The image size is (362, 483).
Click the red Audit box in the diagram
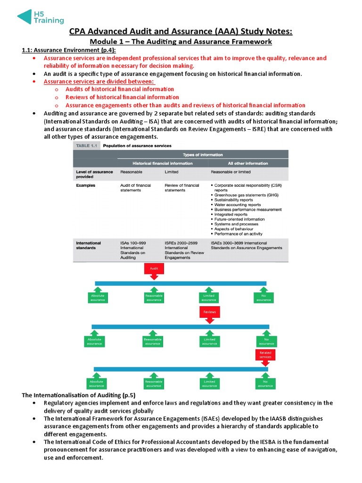(x=154, y=268)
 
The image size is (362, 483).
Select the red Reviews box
(x=209, y=312)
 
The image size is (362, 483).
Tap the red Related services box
(x=265, y=354)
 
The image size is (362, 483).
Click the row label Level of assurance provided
(x=94, y=174)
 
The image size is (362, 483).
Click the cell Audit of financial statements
(x=136, y=188)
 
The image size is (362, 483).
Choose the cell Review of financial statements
(x=181, y=188)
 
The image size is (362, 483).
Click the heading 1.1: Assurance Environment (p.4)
(x=69, y=50)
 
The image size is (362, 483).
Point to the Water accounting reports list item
(x=237, y=205)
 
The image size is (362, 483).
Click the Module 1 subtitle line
(x=181, y=42)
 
